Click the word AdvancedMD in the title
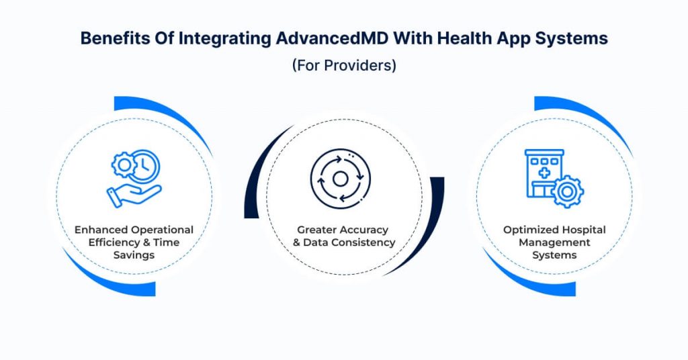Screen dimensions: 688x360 [x=332, y=38]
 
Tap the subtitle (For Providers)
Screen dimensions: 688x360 [x=344, y=65]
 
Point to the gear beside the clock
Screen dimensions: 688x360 [x=124, y=165]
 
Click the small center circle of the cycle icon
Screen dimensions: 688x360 [x=341, y=179]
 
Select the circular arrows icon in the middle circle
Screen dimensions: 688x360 [x=341, y=179]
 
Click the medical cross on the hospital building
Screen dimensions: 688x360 [x=544, y=173]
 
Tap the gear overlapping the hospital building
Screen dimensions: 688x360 [x=567, y=191]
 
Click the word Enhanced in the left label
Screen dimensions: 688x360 [x=101, y=230]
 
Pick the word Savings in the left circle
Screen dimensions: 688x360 [x=134, y=255]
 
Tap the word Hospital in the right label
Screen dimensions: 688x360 [x=585, y=230]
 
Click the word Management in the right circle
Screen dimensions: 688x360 [x=554, y=242]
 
